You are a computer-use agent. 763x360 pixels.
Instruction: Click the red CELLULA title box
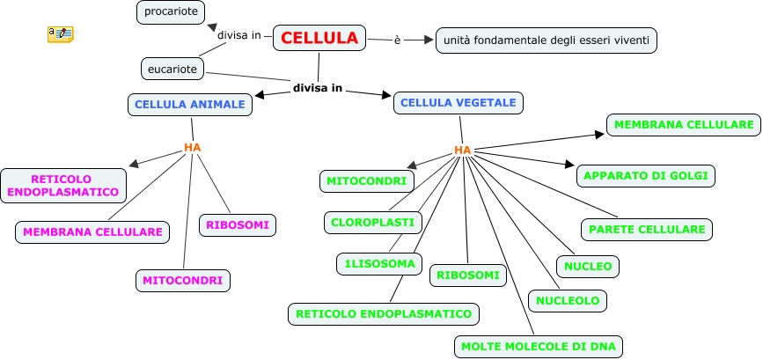point(320,38)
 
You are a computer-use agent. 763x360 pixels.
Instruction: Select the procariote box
point(172,12)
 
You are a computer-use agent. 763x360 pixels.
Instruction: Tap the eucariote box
point(172,67)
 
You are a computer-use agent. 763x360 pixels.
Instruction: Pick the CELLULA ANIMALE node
point(190,105)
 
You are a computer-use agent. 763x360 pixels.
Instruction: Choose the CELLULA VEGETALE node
point(459,103)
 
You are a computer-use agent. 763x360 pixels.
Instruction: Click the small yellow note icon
point(60,34)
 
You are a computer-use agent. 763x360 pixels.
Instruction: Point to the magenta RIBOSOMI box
point(238,225)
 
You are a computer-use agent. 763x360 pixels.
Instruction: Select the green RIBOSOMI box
point(469,276)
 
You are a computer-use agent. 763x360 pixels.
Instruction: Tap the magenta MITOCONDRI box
point(183,281)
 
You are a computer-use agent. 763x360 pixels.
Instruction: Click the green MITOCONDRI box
point(366,181)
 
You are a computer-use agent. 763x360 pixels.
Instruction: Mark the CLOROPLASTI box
point(372,222)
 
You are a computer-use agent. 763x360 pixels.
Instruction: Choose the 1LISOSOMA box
point(380,263)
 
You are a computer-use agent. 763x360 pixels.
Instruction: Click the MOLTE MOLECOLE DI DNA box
point(539,347)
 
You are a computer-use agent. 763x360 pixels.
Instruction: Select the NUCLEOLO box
point(568,301)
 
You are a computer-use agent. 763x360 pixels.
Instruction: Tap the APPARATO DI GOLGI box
point(646,175)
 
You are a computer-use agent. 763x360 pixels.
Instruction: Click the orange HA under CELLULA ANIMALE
point(193,147)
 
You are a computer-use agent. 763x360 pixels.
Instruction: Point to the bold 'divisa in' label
point(318,89)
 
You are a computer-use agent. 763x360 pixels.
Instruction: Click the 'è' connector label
point(397,40)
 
